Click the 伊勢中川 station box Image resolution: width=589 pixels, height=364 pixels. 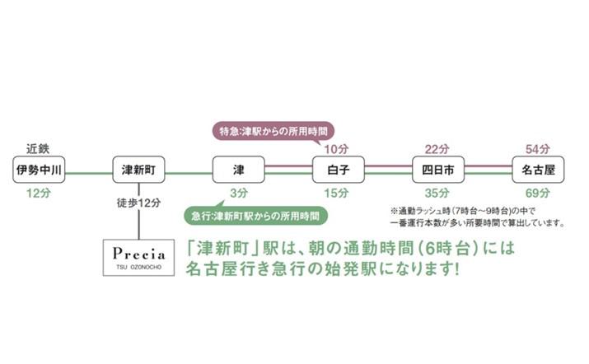click(x=40, y=170)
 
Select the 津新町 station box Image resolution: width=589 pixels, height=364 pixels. click(x=139, y=170)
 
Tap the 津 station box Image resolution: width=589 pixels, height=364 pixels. click(x=239, y=170)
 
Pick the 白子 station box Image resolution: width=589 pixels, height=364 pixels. click(x=339, y=170)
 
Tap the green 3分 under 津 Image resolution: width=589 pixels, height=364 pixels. click(x=239, y=193)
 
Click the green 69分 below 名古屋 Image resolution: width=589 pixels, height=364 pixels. click(x=538, y=193)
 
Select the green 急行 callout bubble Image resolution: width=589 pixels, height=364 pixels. click(x=255, y=216)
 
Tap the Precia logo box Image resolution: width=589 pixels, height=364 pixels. click(x=139, y=256)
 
